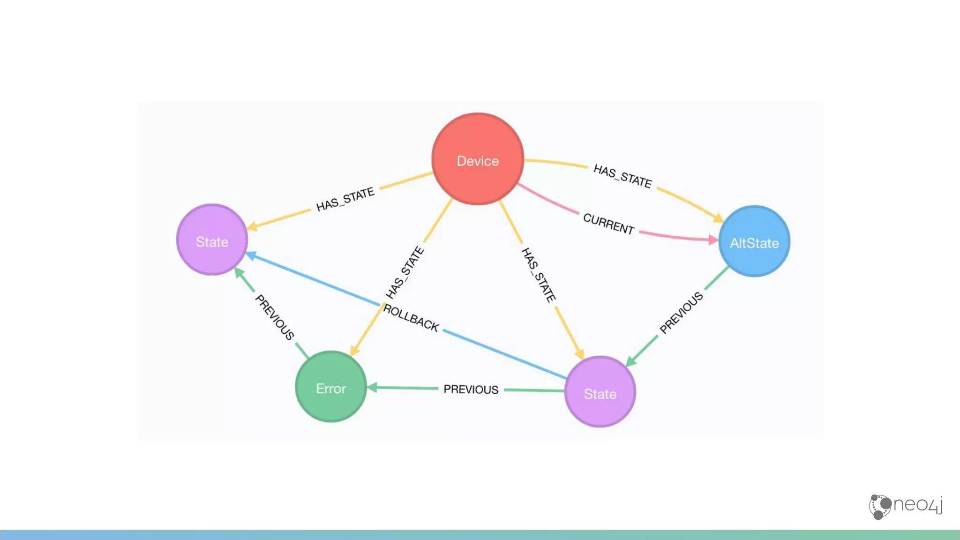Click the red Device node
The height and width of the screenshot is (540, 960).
(478, 159)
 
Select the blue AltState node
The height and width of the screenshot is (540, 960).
(754, 242)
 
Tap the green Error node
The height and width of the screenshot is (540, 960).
(331, 387)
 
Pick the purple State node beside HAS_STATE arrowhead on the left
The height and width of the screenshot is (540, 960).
(212, 240)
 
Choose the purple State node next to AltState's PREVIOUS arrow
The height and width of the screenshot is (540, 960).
(600, 392)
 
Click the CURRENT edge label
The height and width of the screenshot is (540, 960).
(608, 224)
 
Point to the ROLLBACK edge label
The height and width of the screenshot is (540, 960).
(411, 318)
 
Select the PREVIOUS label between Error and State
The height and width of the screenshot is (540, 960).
(471, 389)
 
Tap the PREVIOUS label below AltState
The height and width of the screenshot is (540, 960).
(681, 312)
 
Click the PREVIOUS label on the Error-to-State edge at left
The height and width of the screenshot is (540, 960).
(275, 316)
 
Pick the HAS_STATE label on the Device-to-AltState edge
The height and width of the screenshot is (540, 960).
(622, 176)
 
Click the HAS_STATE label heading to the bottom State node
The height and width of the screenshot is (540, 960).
(539, 275)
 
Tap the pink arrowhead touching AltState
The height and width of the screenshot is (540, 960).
(713, 240)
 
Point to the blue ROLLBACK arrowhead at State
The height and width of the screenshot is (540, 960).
(251, 255)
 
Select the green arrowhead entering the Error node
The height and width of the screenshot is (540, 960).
(373, 387)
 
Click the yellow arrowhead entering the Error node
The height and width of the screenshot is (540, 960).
(354, 351)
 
